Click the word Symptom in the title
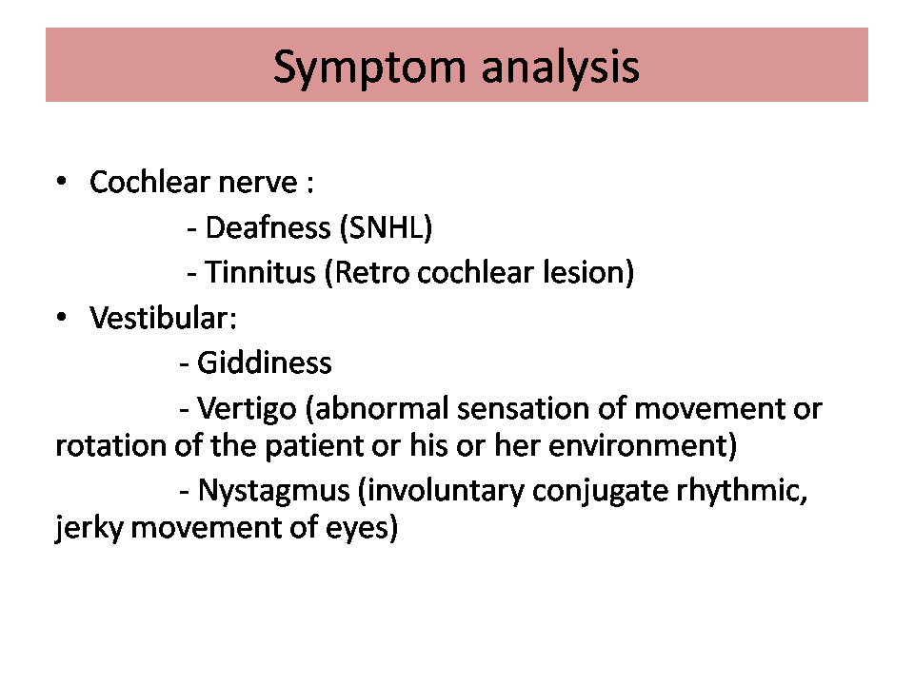(369, 68)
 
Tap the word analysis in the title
(561, 67)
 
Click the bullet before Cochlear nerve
(61, 181)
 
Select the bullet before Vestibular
(61, 317)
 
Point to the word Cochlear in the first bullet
(149, 182)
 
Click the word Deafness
(268, 227)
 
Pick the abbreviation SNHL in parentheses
(386, 227)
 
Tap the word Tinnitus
(260, 272)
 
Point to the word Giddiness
(265, 363)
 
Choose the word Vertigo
(248, 409)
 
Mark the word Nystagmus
(274, 491)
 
